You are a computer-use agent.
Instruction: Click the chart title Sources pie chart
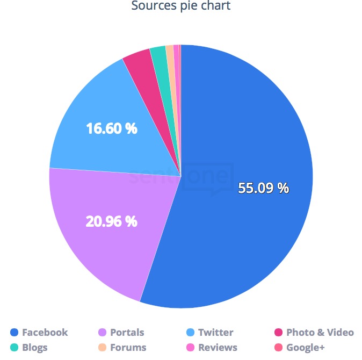181,6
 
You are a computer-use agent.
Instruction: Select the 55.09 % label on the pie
263,188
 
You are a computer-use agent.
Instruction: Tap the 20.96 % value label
112,220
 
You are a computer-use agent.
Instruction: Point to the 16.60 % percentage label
112,129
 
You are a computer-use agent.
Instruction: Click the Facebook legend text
45,332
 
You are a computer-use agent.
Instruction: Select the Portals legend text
127,332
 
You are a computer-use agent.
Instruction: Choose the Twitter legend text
216,332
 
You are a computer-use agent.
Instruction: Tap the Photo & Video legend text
320,332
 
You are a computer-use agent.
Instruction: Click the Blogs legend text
35,348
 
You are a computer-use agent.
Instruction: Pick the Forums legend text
128,348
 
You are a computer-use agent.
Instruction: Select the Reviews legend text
218,348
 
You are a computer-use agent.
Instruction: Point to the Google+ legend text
306,348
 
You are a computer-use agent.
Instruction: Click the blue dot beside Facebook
15,332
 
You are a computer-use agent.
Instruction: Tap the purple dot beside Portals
103,332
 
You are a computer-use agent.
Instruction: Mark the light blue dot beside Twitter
191,332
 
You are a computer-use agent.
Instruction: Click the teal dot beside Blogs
15,348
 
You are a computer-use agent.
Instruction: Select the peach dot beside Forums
103,348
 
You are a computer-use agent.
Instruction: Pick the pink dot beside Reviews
191,348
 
